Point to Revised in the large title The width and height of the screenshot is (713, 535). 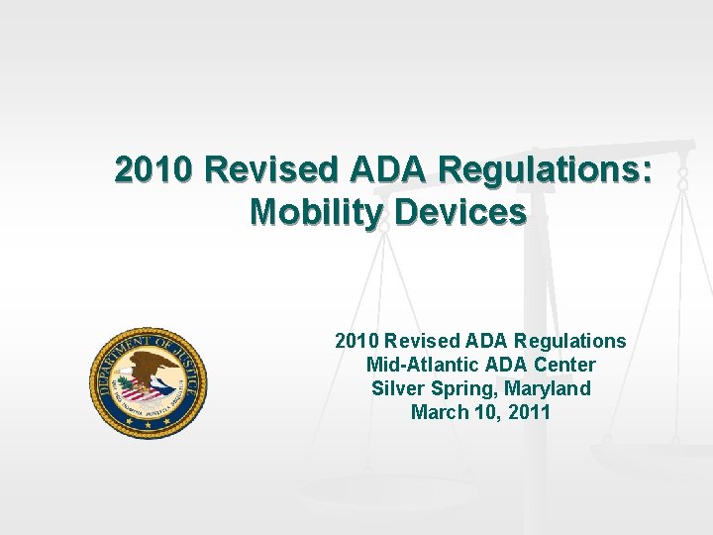pos(273,170)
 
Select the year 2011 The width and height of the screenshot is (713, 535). pos(529,412)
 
